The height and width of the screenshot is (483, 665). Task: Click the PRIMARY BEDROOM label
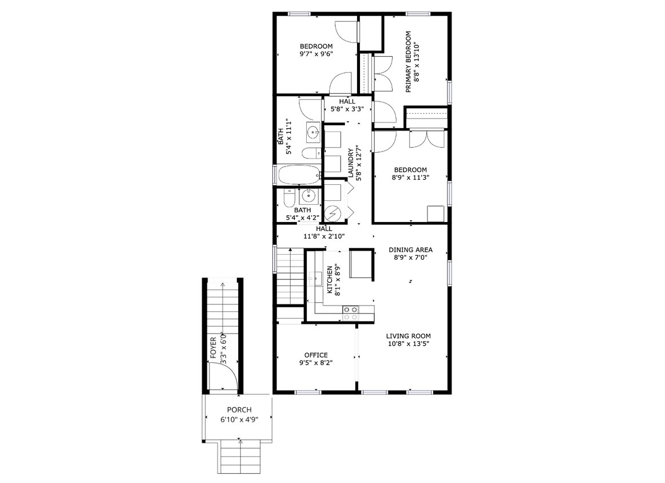click(x=409, y=62)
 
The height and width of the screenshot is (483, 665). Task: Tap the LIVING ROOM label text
click(x=408, y=336)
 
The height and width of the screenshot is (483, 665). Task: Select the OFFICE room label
click(x=315, y=355)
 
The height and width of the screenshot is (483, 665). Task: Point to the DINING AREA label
click(x=410, y=250)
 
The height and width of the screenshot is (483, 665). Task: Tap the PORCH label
click(x=239, y=410)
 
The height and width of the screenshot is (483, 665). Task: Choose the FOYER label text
click(x=213, y=348)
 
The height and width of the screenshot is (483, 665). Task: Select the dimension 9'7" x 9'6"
click(x=316, y=54)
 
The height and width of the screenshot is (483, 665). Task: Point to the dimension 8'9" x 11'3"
click(x=410, y=177)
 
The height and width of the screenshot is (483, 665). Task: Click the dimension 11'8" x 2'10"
click(x=324, y=236)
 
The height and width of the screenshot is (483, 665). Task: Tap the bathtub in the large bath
click(x=298, y=175)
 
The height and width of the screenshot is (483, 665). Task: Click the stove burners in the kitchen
click(x=350, y=312)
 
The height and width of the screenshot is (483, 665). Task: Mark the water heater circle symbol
click(x=332, y=214)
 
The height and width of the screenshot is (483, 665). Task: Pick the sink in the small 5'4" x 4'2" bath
click(x=309, y=196)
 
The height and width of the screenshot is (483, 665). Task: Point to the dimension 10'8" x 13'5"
click(x=408, y=344)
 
